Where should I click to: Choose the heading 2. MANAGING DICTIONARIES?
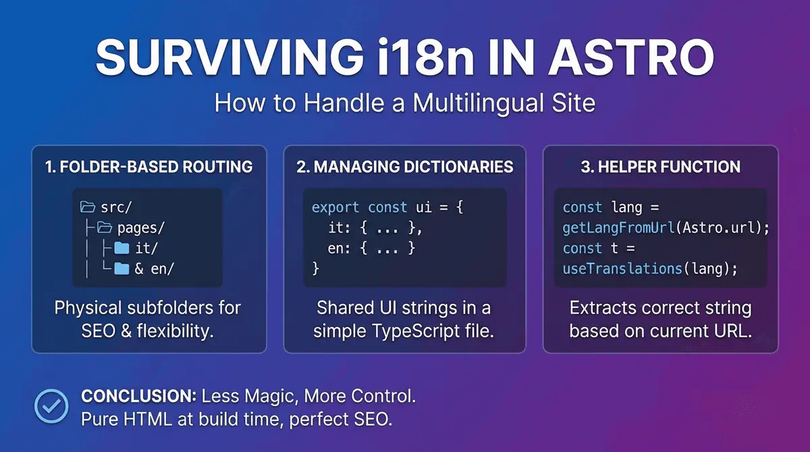(405, 167)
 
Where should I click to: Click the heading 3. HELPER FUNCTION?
(660, 167)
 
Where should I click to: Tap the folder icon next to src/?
(88, 207)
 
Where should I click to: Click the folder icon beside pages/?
(103, 228)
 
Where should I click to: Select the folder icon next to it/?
(122, 249)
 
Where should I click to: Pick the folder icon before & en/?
(122, 269)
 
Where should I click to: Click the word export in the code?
(335, 207)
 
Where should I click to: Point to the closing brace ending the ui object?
(315, 269)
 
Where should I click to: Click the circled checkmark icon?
(51, 406)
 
